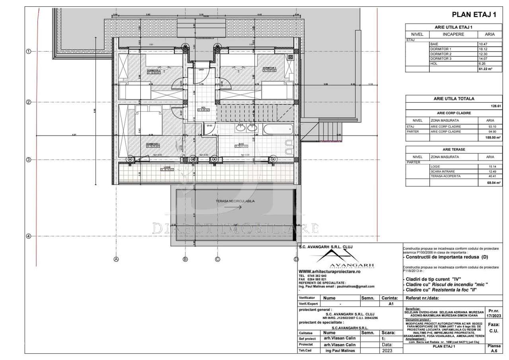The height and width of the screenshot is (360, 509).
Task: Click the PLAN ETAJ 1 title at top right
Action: click(x=474, y=15)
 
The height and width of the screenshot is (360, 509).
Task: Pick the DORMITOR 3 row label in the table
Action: click(x=441, y=58)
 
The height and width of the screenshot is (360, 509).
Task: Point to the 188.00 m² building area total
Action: click(x=492, y=137)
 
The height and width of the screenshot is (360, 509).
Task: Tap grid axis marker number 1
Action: click(x=28, y=51)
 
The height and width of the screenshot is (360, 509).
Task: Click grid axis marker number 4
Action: click(x=28, y=236)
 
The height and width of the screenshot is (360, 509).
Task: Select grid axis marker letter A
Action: click(x=116, y=259)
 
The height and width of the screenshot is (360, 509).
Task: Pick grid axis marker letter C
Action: click(x=218, y=259)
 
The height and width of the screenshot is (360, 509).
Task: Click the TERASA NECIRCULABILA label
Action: click(x=235, y=201)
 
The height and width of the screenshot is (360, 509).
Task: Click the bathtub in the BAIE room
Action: click(x=278, y=128)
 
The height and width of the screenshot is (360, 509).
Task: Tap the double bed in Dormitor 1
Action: click(x=148, y=121)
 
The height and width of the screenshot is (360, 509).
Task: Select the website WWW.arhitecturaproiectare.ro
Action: click(x=329, y=271)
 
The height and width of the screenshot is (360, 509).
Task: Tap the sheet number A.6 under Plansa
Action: click(x=494, y=351)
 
